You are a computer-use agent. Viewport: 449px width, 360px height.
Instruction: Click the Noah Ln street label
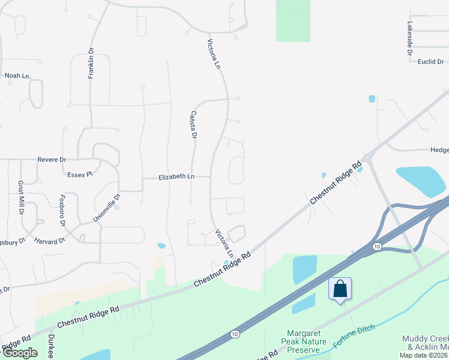point(17,76)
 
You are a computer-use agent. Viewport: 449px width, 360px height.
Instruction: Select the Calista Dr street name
point(193,125)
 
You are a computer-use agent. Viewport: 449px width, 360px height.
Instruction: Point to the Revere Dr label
point(52,160)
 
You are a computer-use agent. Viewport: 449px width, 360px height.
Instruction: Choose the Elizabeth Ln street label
point(176,177)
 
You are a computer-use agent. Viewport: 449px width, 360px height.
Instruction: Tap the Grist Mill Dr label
point(20,197)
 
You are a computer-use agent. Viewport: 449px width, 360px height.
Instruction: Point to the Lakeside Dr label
point(410,39)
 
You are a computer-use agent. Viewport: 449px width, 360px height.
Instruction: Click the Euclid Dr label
point(431,61)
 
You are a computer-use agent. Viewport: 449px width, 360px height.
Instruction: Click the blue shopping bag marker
point(340,289)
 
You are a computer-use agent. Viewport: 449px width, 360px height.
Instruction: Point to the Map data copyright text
point(423,355)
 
